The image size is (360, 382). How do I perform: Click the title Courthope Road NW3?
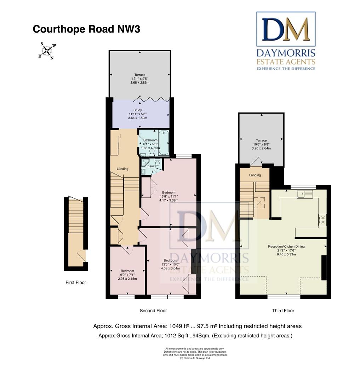click(86, 29)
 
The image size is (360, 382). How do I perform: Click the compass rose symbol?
click(47, 51)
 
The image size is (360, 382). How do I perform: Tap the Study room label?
click(137, 110)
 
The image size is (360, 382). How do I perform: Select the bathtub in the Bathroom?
click(164, 142)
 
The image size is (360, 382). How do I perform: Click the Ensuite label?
click(151, 166)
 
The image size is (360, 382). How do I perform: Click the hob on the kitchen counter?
click(322, 220)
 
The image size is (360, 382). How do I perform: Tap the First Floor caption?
click(76, 283)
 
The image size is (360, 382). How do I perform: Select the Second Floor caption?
click(153, 311)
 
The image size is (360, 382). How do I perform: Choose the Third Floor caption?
click(283, 311)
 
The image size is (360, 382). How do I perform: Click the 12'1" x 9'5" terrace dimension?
click(139, 79)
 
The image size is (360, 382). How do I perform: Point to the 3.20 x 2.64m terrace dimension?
click(261, 149)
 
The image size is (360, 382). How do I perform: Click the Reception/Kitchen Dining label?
click(286, 247)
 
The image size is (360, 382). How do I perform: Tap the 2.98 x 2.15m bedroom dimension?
click(127, 279)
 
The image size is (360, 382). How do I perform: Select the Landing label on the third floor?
click(255, 175)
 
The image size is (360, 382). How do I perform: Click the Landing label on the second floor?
click(122, 169)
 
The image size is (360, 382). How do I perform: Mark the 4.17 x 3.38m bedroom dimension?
click(169, 201)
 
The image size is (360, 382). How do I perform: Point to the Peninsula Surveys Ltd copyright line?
click(195, 358)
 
